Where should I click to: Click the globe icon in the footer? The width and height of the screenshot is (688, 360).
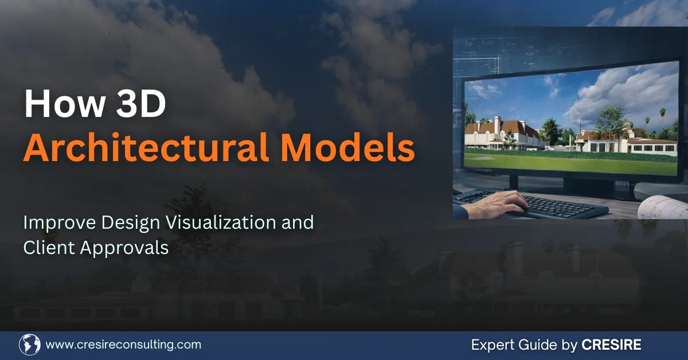[29, 345]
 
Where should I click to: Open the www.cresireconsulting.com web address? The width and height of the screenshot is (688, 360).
[123, 345]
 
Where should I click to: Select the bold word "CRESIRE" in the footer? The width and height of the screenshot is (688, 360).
[611, 345]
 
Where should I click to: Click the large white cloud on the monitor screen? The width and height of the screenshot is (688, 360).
[619, 95]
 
